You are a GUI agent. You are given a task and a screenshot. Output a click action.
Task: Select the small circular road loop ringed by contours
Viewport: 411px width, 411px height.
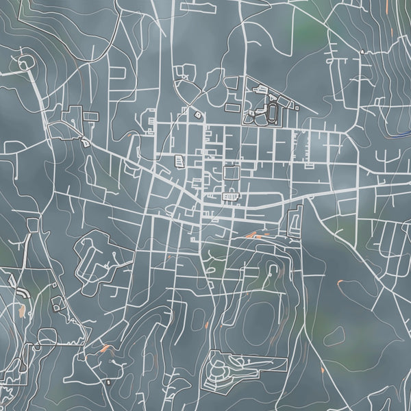click(25, 64)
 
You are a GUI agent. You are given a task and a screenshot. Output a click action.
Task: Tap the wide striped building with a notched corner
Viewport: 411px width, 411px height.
click(232, 198)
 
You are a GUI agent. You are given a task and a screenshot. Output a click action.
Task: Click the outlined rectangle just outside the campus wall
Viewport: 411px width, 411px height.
click(233, 108)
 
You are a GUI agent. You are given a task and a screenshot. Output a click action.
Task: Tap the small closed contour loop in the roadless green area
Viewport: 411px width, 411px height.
click(335, 336)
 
